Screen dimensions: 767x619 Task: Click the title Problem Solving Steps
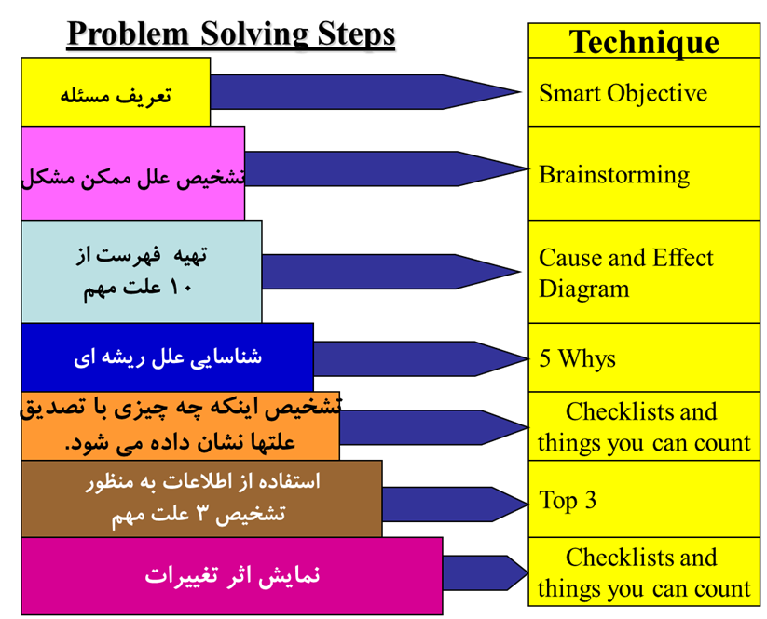point(231,34)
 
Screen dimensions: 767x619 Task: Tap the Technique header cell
point(644,41)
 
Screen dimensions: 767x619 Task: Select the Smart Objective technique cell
point(644,92)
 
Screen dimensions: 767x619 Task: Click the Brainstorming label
point(614,175)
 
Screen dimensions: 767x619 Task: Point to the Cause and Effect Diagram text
point(626,273)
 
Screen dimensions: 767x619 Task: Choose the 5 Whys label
point(577,358)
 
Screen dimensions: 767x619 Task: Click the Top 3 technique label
point(568,500)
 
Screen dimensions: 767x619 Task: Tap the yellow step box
point(116,92)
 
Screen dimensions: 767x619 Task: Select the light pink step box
point(132,173)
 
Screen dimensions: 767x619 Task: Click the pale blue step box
point(142,271)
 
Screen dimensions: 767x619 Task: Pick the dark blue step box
point(168,357)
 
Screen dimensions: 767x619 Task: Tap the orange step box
point(180,425)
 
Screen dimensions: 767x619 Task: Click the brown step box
point(201,498)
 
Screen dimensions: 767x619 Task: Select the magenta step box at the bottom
point(232,575)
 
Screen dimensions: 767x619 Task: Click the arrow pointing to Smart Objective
point(366,92)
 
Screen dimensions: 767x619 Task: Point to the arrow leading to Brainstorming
point(387,169)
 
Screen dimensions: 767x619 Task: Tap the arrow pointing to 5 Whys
point(421,358)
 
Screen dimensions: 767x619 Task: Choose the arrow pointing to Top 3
point(456,505)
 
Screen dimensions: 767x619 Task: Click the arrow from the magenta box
point(486,572)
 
